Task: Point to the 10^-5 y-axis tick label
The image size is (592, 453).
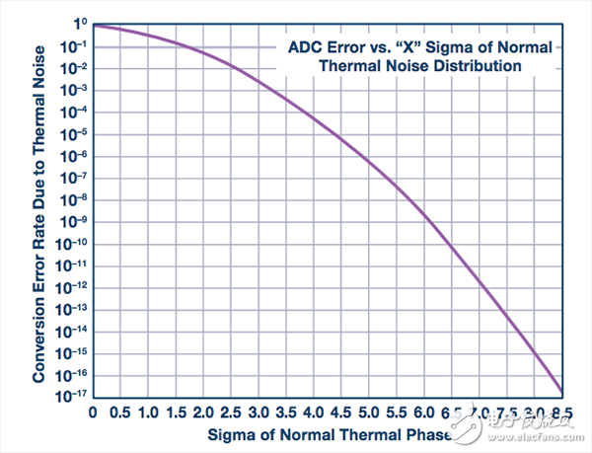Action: pos(75,132)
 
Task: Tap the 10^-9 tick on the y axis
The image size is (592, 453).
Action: pos(75,220)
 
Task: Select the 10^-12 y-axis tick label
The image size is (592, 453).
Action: pos(74,286)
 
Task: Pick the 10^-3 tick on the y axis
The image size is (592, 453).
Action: pos(75,89)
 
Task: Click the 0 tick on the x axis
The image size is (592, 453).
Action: pos(92,413)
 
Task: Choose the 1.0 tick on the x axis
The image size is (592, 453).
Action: pos(147,413)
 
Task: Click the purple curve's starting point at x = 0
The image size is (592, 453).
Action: pos(93,26)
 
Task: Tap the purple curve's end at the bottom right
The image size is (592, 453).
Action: pos(562,392)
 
